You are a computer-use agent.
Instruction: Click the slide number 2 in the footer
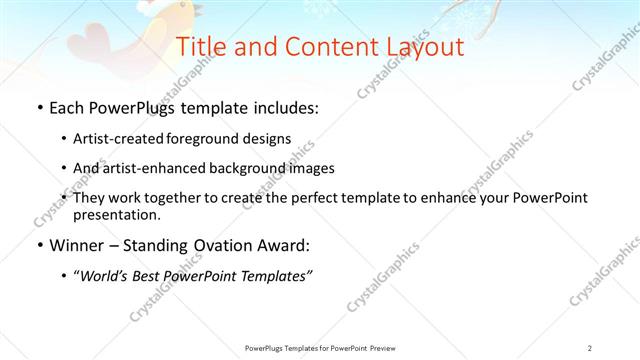tap(590, 347)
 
